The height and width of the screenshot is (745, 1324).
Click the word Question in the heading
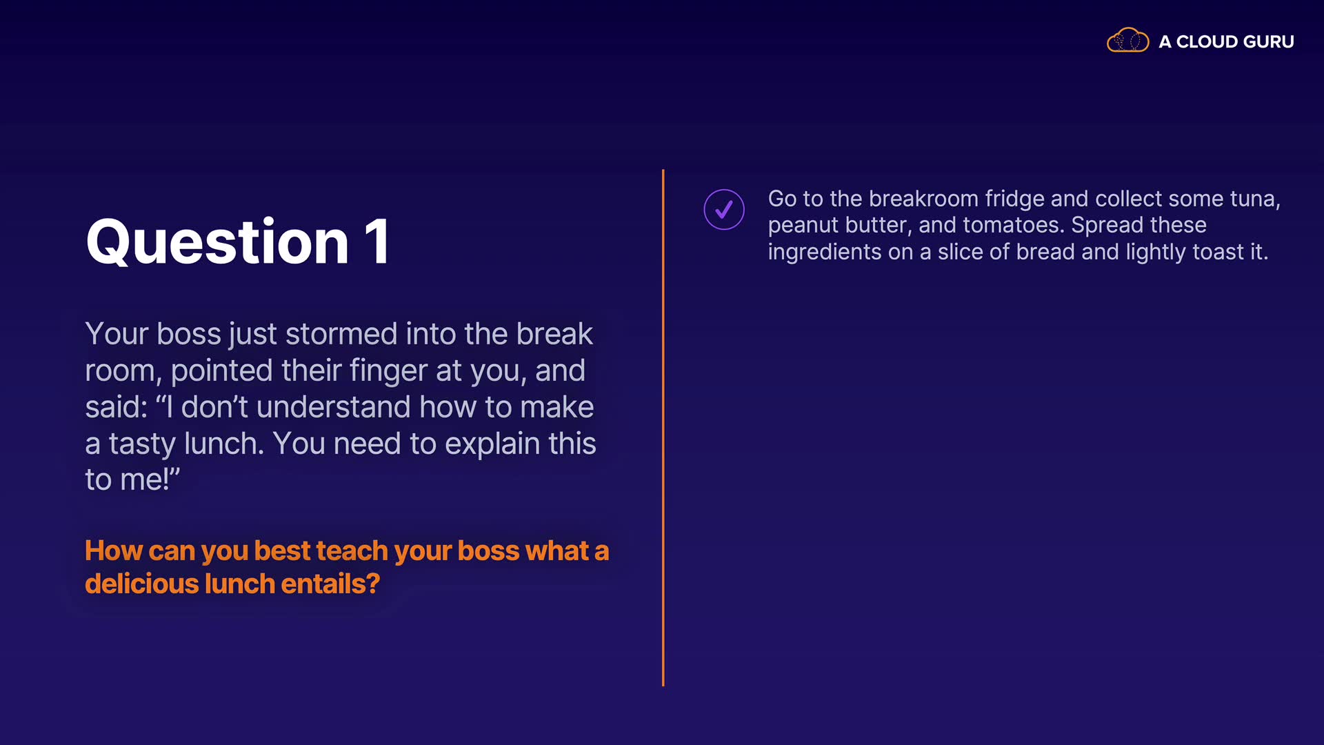[x=217, y=243]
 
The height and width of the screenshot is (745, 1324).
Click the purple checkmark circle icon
[x=724, y=209]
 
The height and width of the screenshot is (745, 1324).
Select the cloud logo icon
[x=1127, y=41]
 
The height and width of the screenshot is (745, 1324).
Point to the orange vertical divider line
[x=663, y=428]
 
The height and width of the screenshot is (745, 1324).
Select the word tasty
[x=142, y=445]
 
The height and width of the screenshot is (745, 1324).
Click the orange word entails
[x=330, y=584]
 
